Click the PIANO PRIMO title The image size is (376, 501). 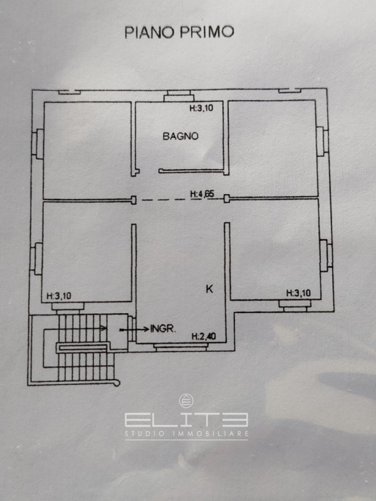179,32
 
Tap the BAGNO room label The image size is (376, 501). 180,136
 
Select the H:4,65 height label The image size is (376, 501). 202,194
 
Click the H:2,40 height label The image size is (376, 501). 204,336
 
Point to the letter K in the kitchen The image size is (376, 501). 209,289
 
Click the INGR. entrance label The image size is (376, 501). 163,328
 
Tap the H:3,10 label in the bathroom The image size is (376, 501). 201,108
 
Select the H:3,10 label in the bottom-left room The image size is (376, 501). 59,296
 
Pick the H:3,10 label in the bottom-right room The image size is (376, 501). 298,293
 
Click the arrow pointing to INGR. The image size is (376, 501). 134,329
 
